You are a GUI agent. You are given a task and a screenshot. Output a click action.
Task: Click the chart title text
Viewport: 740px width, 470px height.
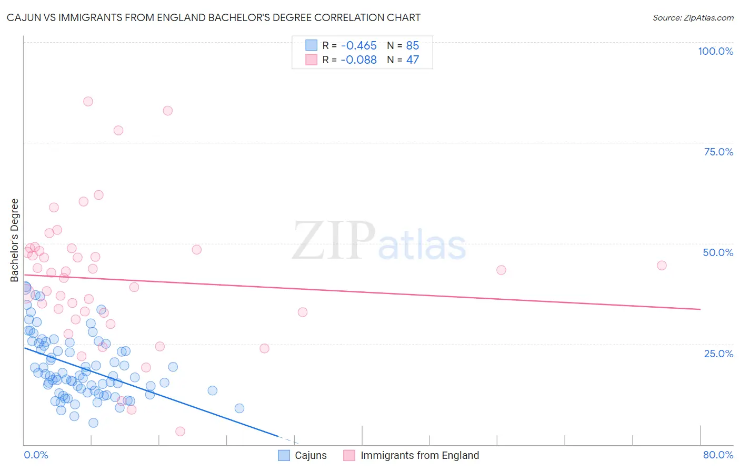[213, 17]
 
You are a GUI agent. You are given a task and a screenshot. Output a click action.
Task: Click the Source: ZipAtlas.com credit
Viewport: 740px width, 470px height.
[693, 18]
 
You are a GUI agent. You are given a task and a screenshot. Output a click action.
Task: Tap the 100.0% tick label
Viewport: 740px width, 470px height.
[715, 51]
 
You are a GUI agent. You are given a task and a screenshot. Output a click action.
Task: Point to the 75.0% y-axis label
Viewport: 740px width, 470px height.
[718, 152]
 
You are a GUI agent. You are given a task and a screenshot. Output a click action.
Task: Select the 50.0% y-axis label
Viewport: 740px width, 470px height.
[718, 252]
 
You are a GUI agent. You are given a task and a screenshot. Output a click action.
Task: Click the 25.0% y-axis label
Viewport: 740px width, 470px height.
[718, 354]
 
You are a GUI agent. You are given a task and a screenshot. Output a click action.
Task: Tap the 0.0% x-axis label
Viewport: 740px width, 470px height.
[36, 455]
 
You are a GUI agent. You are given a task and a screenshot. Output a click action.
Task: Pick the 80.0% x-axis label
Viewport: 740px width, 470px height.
[718, 455]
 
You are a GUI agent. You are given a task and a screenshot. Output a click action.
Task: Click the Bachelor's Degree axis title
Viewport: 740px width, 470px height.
[14, 240]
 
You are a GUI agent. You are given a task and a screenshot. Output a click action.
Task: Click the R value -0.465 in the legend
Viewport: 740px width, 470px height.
[358, 46]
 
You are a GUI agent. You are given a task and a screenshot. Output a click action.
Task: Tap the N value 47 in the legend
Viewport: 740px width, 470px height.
[413, 60]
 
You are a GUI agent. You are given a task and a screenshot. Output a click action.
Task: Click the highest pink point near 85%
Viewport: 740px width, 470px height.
[88, 101]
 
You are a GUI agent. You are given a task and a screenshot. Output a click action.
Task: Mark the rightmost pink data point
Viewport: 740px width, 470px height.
[662, 266]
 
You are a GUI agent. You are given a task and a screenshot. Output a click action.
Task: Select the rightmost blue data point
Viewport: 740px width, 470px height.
[239, 408]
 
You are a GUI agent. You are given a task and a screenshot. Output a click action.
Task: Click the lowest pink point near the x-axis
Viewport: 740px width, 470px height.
[180, 432]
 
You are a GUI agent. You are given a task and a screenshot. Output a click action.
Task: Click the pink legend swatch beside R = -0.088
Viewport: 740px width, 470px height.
[312, 60]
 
